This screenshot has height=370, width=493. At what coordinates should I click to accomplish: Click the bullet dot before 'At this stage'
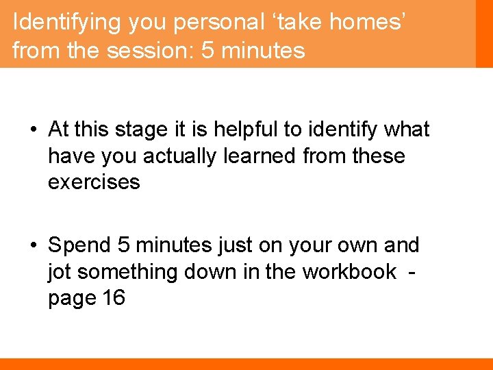pos(33,129)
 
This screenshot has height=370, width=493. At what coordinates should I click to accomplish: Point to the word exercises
pos(94,182)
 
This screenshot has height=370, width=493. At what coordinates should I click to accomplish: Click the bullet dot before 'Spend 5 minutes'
pos(33,245)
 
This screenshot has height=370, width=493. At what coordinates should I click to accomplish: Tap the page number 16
pos(111,299)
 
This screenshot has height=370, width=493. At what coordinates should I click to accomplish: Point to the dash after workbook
pos(410,272)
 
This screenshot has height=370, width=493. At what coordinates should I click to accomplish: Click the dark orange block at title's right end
pos(484,34)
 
